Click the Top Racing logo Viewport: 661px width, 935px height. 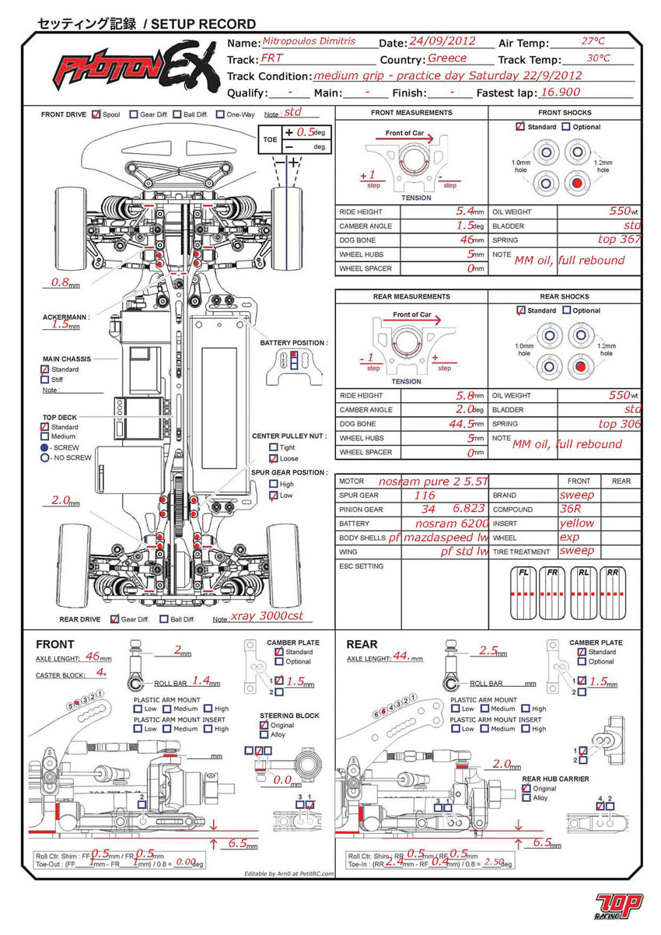(618, 903)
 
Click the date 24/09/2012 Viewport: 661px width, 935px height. (442, 42)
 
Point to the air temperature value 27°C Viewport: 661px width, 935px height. (593, 41)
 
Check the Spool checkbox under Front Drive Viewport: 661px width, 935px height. (96, 114)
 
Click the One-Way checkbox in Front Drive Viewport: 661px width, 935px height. (220, 114)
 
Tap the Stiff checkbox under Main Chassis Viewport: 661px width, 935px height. (44, 380)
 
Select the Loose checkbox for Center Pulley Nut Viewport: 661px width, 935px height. (273, 459)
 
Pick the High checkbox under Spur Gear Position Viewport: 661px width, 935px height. (273, 485)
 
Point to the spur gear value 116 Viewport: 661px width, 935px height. (425, 495)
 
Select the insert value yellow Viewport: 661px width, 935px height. (576, 524)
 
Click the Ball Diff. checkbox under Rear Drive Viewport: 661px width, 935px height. (164, 619)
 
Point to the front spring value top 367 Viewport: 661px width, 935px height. (619, 240)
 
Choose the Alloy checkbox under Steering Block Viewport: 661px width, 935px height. (264, 734)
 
